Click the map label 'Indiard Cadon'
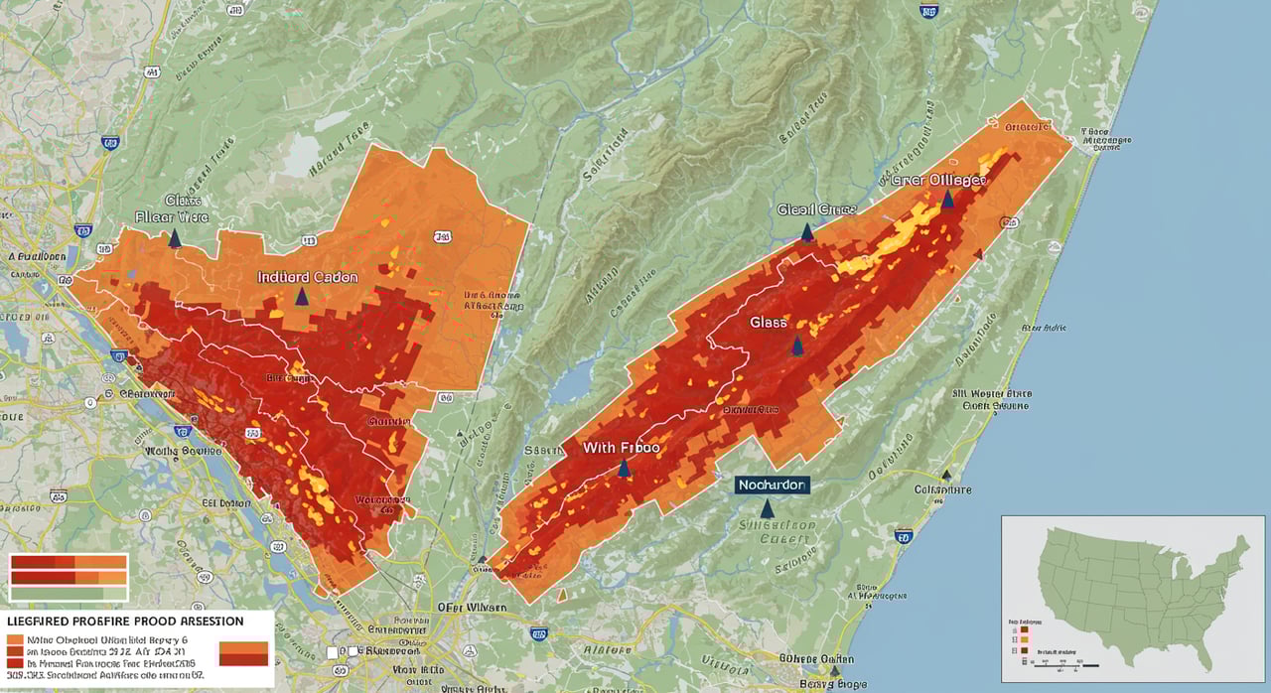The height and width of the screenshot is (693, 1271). pos(308,277)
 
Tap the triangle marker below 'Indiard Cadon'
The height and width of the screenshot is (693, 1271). pos(302,296)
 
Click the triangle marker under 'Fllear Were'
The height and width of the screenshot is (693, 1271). pos(175,238)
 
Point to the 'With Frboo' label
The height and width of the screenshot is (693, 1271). pos(622,448)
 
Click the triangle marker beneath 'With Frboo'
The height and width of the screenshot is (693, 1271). pos(624,468)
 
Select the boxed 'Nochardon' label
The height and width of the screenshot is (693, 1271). pos(772,485)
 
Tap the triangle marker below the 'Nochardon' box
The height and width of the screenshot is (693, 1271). pos(767,508)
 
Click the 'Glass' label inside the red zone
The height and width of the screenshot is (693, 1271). pos(769,323)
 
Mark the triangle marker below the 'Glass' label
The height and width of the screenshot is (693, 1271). pos(796,346)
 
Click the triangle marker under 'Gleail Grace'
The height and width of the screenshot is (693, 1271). pos(806,232)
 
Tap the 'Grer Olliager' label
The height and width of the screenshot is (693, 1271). pos(937,181)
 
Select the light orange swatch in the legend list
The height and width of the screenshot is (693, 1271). pos(15,637)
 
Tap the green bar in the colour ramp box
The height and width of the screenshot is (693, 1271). pos(68,593)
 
